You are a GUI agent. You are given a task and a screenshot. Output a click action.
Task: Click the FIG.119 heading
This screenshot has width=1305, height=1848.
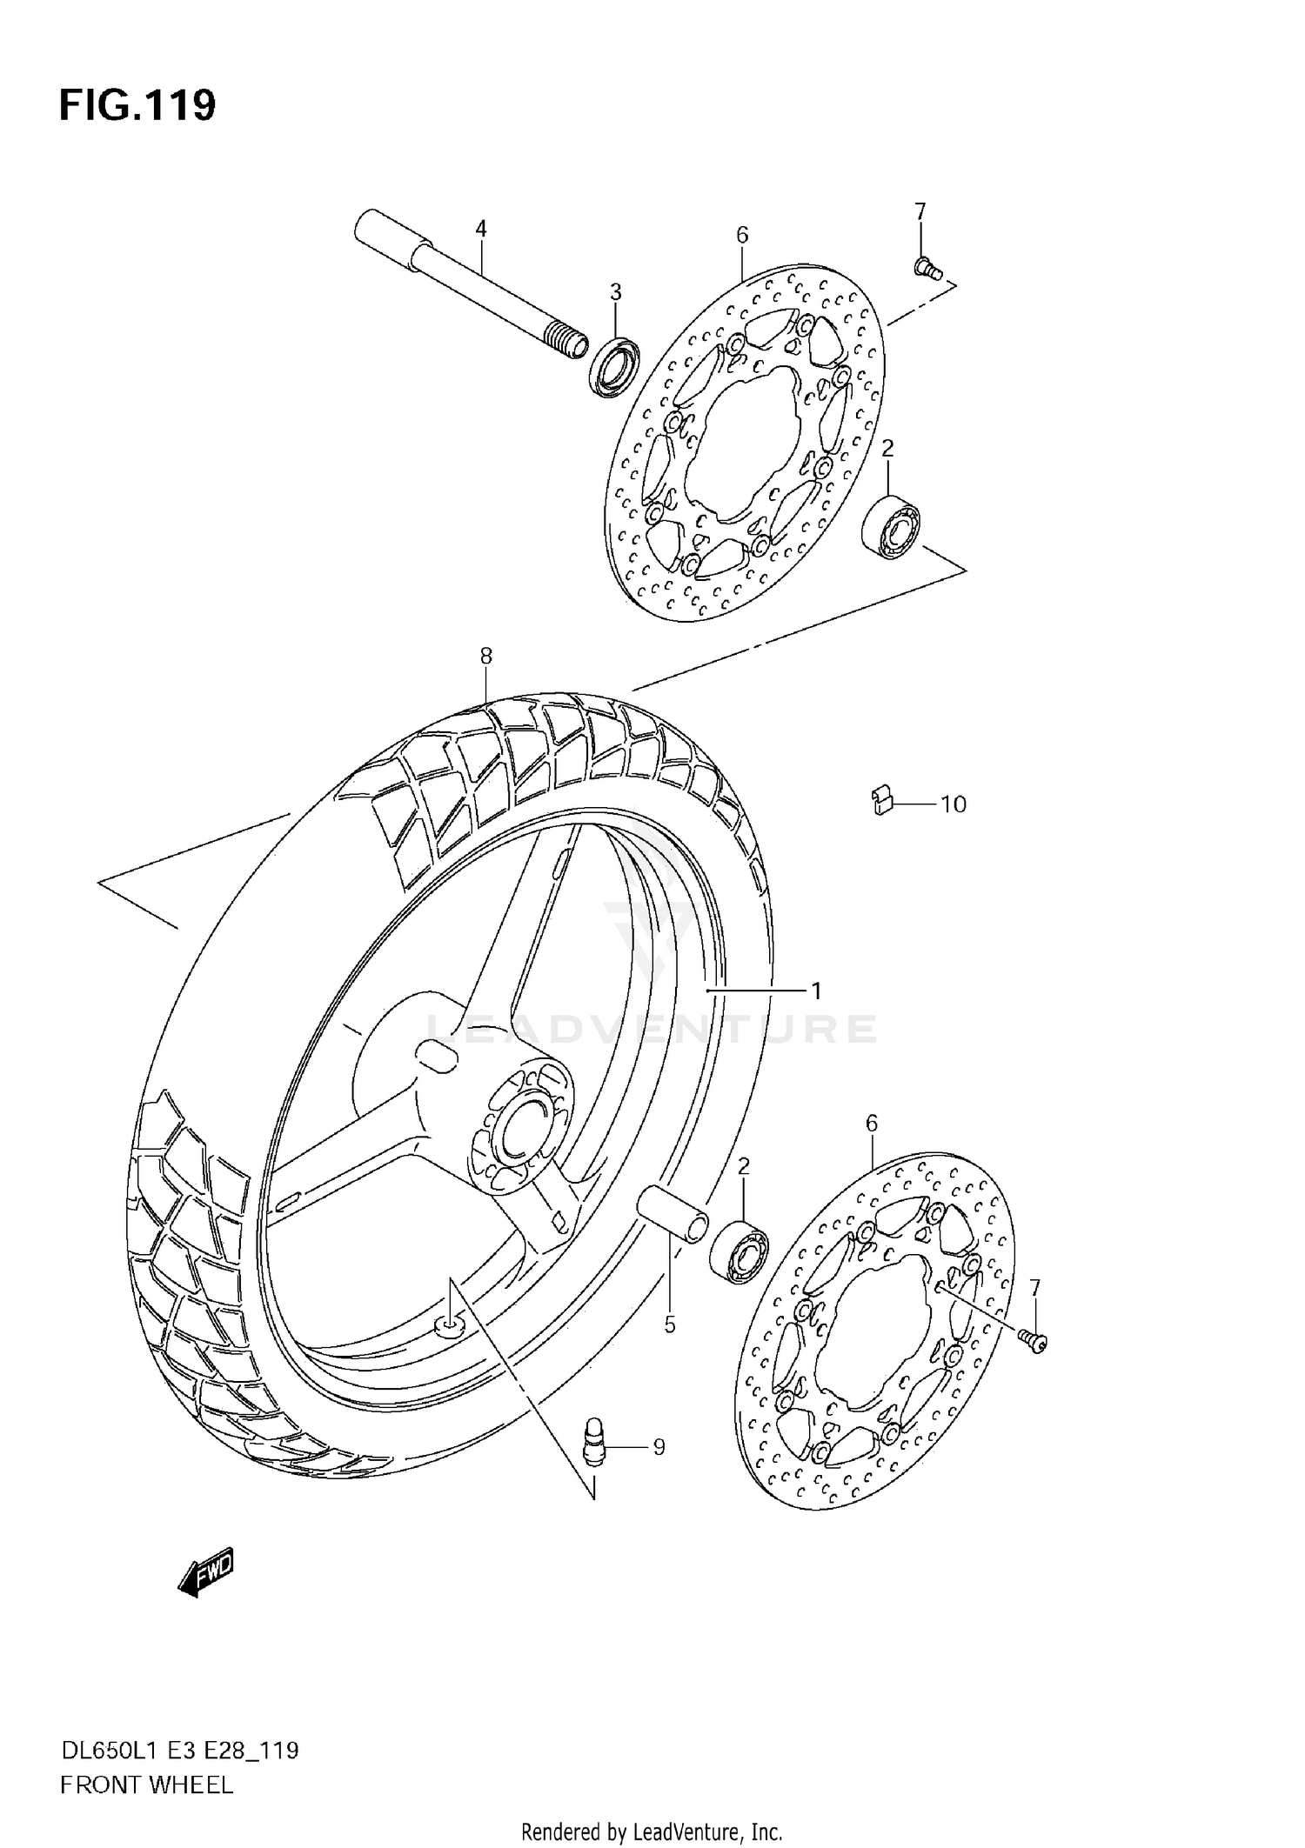pos(137,105)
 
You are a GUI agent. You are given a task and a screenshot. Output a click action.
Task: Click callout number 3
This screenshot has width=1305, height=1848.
pos(615,290)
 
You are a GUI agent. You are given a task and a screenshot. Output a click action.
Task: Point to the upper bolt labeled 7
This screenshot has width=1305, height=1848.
pos(927,269)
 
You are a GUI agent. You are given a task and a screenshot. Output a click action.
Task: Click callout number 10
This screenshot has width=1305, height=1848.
pos(954,804)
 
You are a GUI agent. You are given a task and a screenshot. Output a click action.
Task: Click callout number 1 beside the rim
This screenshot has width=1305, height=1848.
pos(816,991)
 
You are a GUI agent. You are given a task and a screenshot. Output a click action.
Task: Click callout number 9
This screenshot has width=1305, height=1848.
pos(659,1447)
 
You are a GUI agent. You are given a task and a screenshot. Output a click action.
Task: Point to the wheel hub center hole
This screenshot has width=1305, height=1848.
pos(519,1126)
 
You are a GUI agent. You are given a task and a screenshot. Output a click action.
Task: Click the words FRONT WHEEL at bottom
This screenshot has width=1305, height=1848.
pos(146,1785)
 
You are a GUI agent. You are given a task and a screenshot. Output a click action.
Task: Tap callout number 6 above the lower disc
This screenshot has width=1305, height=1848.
pos(872,1123)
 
